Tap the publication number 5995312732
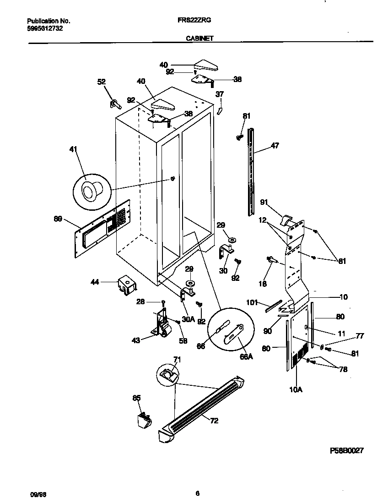click(45, 28)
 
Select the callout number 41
click(73, 149)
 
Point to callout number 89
click(58, 219)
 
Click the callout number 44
click(94, 283)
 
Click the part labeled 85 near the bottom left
click(143, 420)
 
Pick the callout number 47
click(274, 146)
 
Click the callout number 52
click(102, 82)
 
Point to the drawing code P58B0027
click(346, 451)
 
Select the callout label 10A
click(296, 390)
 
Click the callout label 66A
click(246, 357)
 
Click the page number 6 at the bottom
click(197, 493)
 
